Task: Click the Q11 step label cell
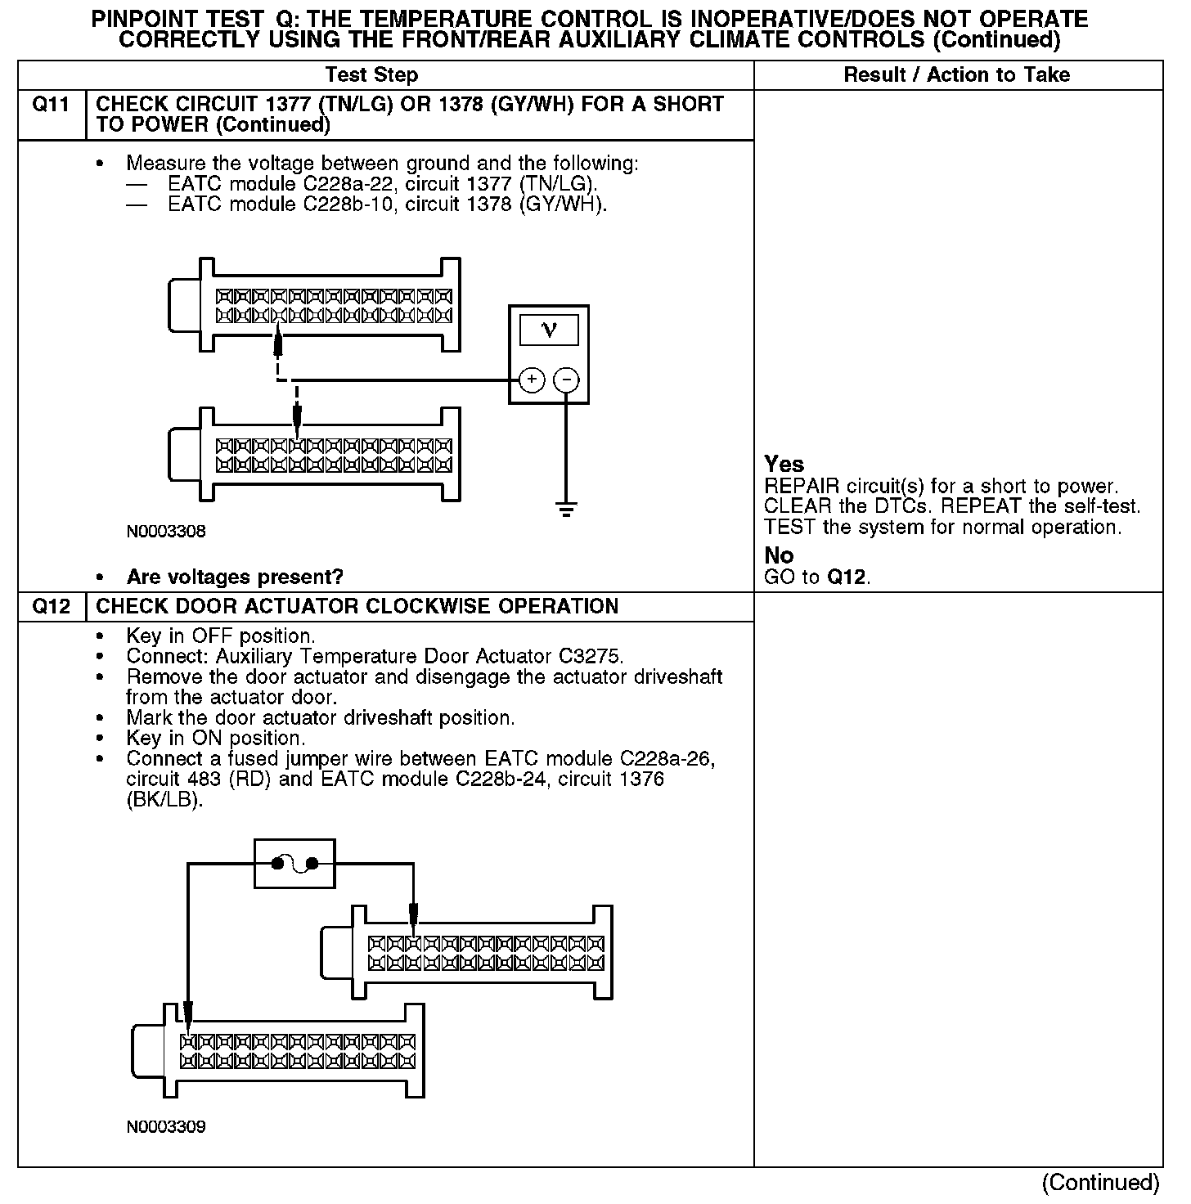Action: tap(51, 114)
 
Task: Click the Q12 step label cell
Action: tap(51, 606)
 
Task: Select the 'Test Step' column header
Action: tap(371, 75)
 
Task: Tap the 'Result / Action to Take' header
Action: tap(956, 75)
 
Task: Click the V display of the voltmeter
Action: tap(549, 330)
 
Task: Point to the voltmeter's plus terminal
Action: tap(532, 380)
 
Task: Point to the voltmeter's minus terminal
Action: tap(566, 380)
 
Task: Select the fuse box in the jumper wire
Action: tap(294, 863)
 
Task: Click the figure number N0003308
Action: tap(166, 532)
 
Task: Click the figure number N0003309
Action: tap(166, 1126)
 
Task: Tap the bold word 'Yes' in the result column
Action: tap(784, 465)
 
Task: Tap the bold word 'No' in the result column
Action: tap(779, 556)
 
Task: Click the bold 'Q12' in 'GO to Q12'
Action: tap(846, 577)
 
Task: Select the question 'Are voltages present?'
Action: tap(235, 577)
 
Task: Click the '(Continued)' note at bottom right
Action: tap(1100, 1183)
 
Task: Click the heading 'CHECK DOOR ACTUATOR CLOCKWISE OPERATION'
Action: tap(357, 606)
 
